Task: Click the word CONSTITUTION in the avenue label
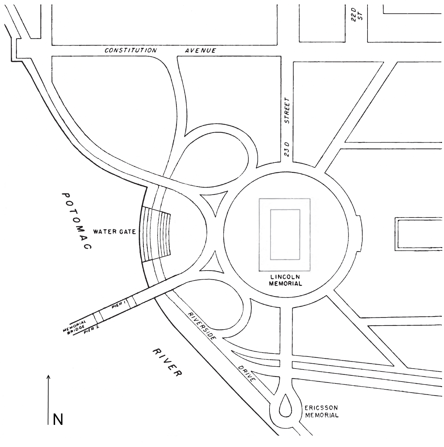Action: [131, 50]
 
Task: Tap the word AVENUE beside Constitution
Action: [200, 50]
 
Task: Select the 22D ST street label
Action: [356, 15]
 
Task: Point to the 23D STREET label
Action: [287, 127]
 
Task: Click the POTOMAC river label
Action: [76, 221]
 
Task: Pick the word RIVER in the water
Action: [167, 362]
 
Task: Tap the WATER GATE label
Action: [114, 232]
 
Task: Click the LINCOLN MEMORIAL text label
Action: [285, 280]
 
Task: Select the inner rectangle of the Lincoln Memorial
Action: [285, 234]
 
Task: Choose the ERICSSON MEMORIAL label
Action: [321, 412]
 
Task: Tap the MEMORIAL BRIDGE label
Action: [75, 327]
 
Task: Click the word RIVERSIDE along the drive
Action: [202, 326]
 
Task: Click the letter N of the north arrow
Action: [58, 419]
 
